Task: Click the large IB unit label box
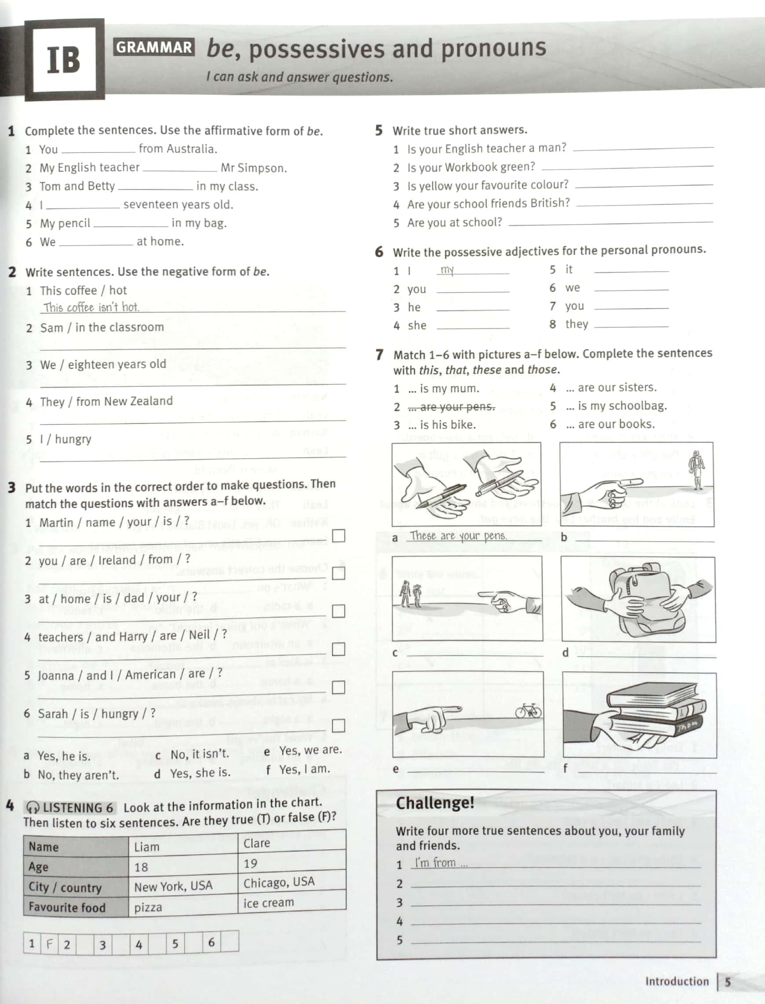point(64,60)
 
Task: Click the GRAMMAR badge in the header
point(154,47)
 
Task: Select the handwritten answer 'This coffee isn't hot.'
point(91,307)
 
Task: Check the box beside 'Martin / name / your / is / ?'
point(339,536)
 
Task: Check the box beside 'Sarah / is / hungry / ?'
point(339,726)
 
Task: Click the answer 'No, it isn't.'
point(200,754)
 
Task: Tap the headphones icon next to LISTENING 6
point(33,808)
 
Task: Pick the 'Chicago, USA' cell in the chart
point(279,882)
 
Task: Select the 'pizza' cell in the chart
point(149,907)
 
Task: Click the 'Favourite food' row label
point(66,907)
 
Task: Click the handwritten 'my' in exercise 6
point(447,270)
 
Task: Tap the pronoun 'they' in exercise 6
point(576,324)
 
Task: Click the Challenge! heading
point(434,803)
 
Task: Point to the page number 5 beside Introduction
point(728,982)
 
